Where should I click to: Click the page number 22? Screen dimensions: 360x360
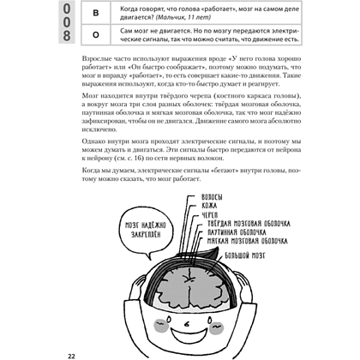(71, 356)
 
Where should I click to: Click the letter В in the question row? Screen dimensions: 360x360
(96, 13)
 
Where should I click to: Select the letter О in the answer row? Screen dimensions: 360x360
(96, 35)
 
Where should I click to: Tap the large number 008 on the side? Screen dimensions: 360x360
(67, 22)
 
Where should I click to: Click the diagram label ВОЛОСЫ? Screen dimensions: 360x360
(212, 197)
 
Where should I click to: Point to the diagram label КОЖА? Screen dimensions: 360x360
(209, 206)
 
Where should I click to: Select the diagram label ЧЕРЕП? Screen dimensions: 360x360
(210, 215)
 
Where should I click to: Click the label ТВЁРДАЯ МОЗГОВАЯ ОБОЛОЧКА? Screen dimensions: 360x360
(249, 224)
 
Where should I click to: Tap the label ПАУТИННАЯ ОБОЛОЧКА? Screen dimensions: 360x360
(237, 232)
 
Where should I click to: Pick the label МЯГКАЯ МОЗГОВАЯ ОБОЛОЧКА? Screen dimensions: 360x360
(248, 241)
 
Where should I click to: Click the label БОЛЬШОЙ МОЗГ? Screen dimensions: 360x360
(245, 255)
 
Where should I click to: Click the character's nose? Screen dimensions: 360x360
(187, 324)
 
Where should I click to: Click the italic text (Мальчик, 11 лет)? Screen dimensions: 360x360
(183, 17)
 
